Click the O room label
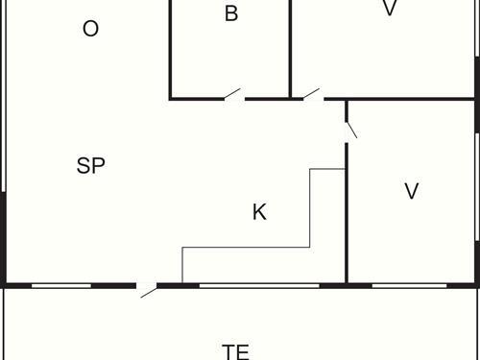pos(90,29)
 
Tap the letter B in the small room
pos(230,13)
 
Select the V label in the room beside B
pos(389,9)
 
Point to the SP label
pos(90,165)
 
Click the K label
pos(259,212)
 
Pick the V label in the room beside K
pos(412,191)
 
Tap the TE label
pos(235,351)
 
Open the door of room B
pos(232,94)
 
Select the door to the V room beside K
pos(350,127)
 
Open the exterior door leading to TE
pos(148,288)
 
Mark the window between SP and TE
pos(61,285)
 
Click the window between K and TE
pos(259,285)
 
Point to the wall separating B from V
pos(291,48)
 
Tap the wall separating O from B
pos(170,48)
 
